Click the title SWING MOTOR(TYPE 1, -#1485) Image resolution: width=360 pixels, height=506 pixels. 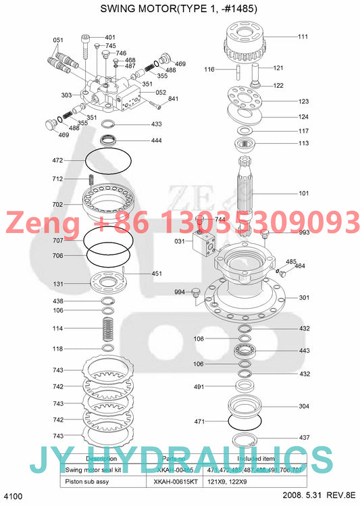pos(179,9)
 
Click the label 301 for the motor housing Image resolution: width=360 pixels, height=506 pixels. pos(304,297)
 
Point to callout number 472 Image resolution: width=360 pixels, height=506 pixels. pos(57,160)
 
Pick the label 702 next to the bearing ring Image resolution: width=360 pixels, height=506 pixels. pos(57,204)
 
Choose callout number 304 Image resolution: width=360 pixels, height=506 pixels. pos(304,406)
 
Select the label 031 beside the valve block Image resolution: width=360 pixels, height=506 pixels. pos(180,241)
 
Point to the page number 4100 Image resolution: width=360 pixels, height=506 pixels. pos(14,497)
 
